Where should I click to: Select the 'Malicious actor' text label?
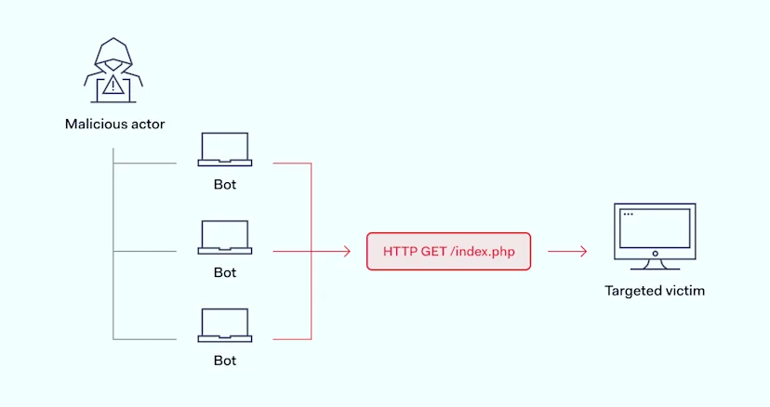point(114,124)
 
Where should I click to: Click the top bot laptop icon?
point(224,150)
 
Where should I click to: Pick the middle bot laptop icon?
point(224,237)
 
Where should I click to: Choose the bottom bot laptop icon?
point(224,325)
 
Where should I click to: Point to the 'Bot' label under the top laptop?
point(225,184)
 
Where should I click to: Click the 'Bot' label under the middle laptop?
point(225,272)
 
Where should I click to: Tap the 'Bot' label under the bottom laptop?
point(225,360)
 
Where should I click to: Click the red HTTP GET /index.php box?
point(448,251)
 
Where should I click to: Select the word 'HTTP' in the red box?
point(400,251)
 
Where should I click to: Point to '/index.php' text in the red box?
point(483,251)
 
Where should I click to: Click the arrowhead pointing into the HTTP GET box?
point(346,251)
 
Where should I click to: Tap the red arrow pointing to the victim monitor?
point(567,251)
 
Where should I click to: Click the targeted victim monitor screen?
point(655,228)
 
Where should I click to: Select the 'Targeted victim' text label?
point(655,291)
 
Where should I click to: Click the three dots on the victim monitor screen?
point(628,215)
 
